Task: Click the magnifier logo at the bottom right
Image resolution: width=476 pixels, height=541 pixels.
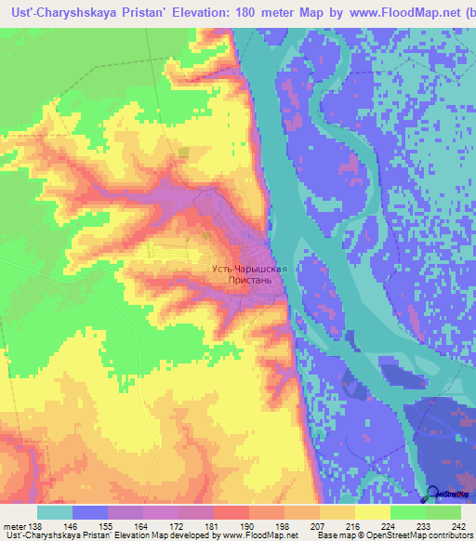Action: click(x=434, y=494)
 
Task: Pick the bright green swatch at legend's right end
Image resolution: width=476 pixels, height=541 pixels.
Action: click(x=443, y=512)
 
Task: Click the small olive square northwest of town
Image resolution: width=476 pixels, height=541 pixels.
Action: click(x=183, y=152)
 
